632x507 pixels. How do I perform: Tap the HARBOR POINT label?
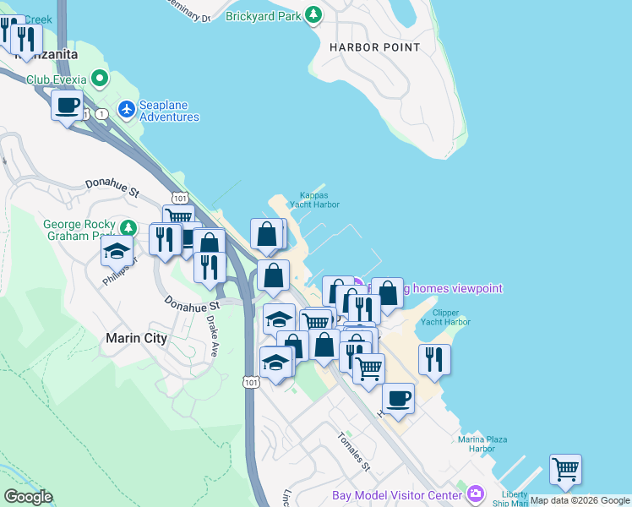(x=374, y=47)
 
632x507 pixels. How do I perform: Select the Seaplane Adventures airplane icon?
(x=127, y=108)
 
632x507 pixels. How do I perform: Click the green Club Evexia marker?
(x=101, y=79)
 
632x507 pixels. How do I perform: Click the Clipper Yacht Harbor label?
(x=445, y=318)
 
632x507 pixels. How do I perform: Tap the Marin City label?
(x=136, y=338)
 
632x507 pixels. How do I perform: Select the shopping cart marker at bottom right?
(x=564, y=468)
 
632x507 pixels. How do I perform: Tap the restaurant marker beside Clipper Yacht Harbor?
(x=433, y=358)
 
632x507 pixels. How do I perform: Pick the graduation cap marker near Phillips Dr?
(x=117, y=250)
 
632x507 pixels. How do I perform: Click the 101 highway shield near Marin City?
(x=251, y=382)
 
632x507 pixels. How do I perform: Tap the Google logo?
(x=28, y=497)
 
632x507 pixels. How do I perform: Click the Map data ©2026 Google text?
(x=580, y=500)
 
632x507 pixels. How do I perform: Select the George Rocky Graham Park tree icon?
(x=128, y=227)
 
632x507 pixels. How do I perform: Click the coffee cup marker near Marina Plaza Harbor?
(x=397, y=398)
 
